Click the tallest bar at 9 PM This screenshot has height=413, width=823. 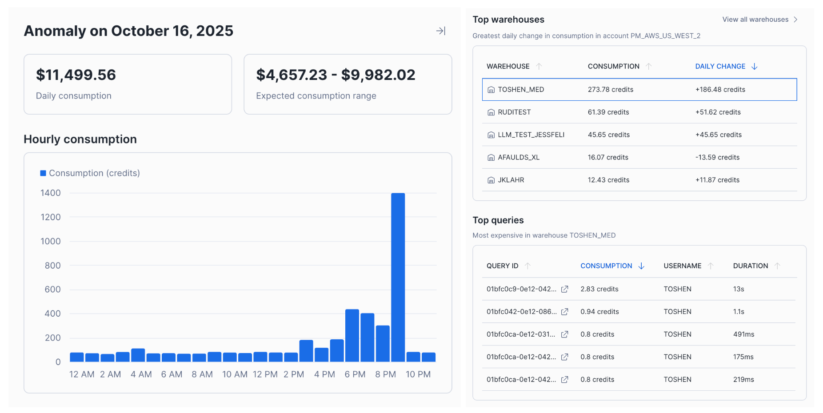[x=398, y=278]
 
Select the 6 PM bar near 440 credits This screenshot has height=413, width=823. [x=352, y=335]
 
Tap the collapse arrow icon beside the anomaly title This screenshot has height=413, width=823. [x=440, y=31]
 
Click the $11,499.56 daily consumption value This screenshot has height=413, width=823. [x=76, y=75]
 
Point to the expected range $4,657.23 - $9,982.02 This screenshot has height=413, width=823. [x=336, y=75]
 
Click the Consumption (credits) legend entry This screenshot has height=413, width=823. [x=90, y=173]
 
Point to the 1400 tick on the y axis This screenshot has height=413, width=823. [x=51, y=193]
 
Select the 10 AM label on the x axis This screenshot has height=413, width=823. [x=235, y=374]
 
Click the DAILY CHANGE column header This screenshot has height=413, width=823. [x=720, y=66]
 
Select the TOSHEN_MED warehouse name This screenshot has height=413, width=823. [x=521, y=90]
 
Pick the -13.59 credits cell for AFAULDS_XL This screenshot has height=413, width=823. [x=717, y=157]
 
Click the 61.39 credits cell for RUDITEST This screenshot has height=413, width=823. [x=608, y=112]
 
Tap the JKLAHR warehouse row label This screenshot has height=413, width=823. [x=511, y=180]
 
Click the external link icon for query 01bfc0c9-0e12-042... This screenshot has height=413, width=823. [x=564, y=289]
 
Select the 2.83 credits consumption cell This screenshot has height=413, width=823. [x=599, y=289]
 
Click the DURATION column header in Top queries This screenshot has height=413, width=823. [x=750, y=266]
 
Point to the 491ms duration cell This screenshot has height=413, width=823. [x=743, y=334]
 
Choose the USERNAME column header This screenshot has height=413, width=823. [x=682, y=266]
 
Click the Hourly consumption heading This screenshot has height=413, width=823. [x=80, y=139]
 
